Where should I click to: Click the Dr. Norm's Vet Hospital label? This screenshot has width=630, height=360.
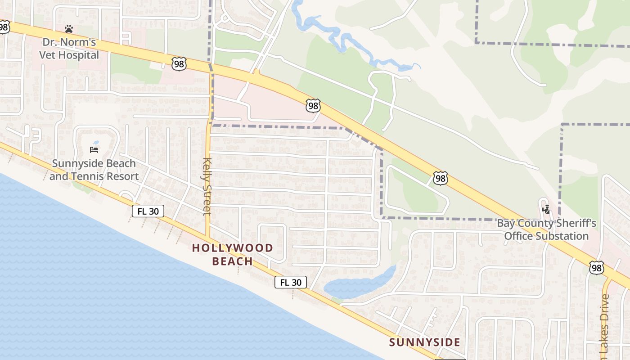click(x=69, y=49)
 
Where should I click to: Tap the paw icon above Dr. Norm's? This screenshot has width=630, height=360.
click(x=68, y=29)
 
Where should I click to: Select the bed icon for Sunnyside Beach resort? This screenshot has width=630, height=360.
click(x=94, y=149)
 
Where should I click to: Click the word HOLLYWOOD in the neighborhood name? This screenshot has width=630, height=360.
click(x=233, y=248)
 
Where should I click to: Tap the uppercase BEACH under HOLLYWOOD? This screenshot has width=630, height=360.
click(x=232, y=261)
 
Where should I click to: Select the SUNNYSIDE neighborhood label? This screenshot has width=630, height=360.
click(x=425, y=342)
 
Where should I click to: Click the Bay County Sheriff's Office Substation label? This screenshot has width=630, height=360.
click(x=546, y=229)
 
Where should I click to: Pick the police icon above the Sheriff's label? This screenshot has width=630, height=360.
click(x=546, y=209)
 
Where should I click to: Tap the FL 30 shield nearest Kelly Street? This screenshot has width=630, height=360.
click(x=148, y=211)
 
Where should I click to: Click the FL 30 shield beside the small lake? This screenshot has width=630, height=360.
click(x=291, y=282)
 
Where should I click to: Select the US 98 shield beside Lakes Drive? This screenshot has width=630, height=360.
click(x=596, y=268)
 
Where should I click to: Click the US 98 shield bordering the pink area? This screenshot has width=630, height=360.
click(x=313, y=106)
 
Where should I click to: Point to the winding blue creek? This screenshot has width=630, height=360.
click(x=342, y=38)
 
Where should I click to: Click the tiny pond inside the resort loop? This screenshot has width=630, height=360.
click(x=96, y=143)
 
